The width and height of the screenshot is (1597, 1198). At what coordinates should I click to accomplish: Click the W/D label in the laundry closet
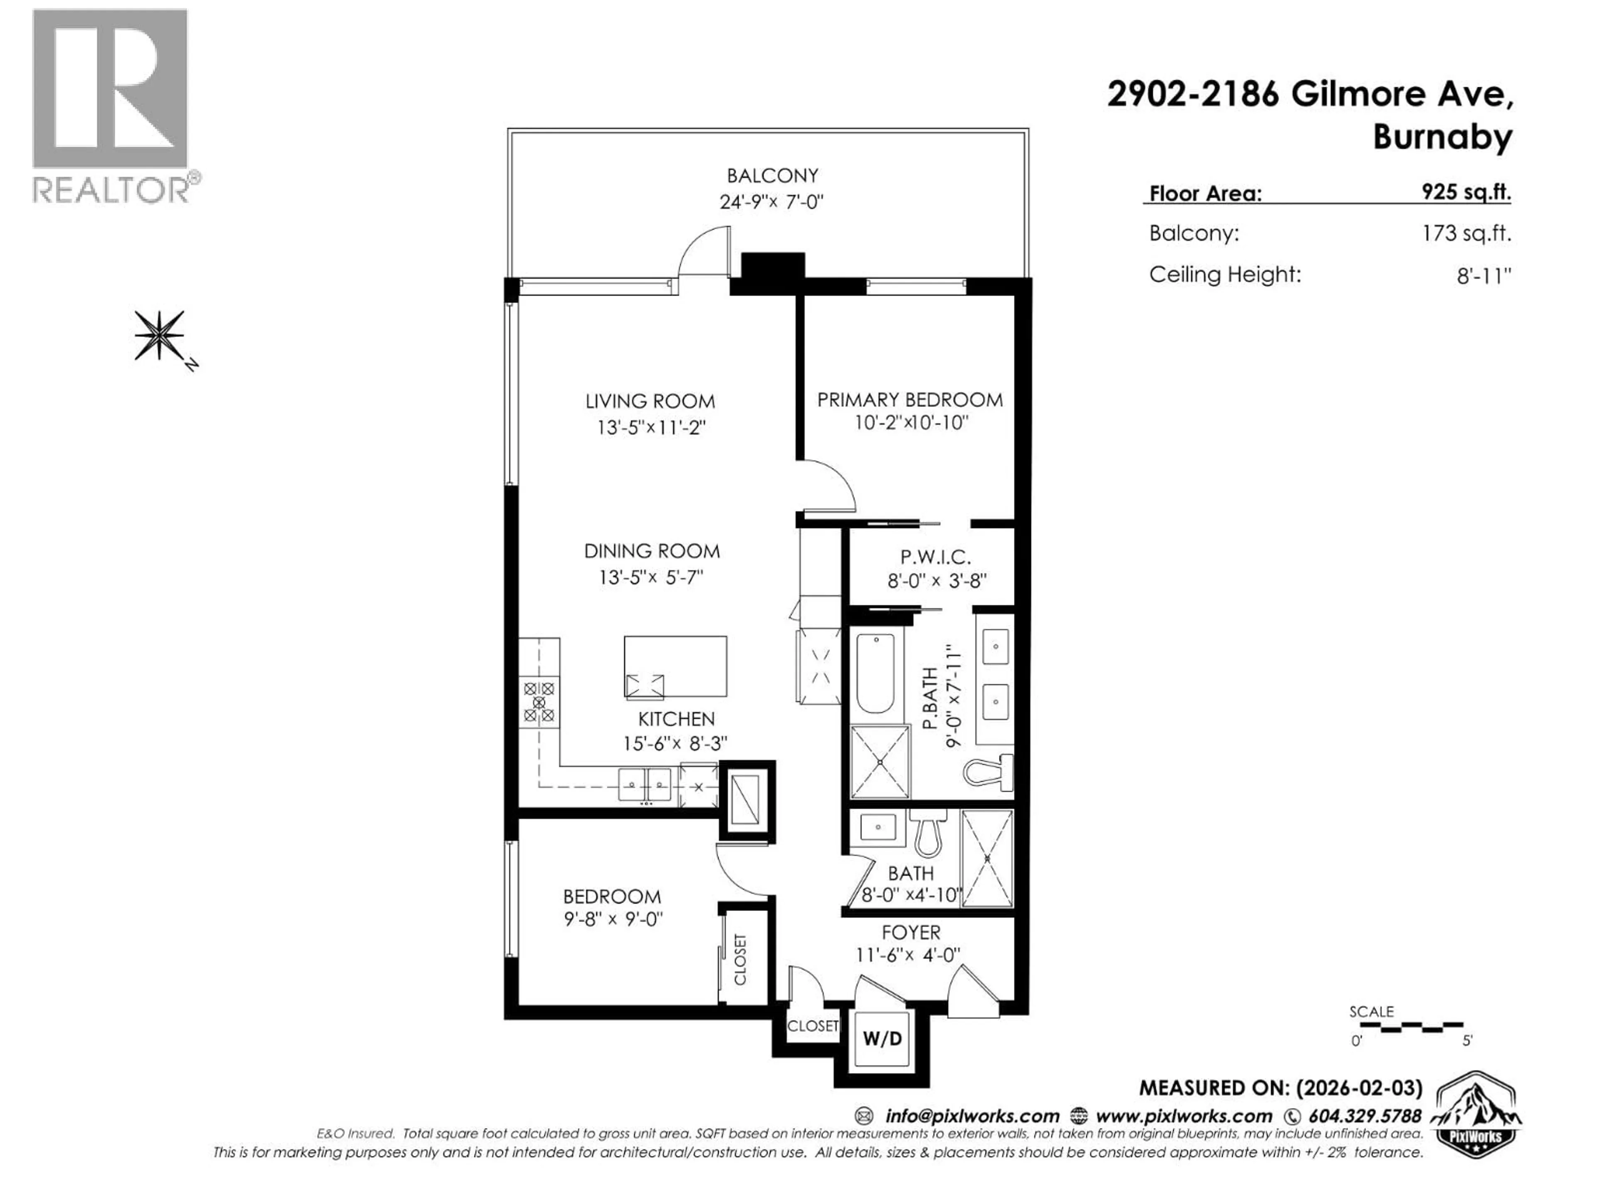pyautogui.click(x=882, y=1039)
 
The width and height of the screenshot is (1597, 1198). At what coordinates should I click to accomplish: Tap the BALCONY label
pyautogui.click(x=772, y=176)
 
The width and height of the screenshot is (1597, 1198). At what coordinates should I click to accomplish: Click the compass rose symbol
pyautogui.click(x=160, y=336)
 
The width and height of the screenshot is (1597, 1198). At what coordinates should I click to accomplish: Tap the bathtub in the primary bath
pyautogui.click(x=875, y=673)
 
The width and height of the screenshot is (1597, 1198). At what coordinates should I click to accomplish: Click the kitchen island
pyautogui.click(x=675, y=666)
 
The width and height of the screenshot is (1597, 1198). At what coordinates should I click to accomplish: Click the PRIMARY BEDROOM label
pyautogui.click(x=910, y=400)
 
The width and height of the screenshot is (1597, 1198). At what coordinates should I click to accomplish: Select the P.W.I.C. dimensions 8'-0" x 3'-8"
pyautogui.click(x=937, y=581)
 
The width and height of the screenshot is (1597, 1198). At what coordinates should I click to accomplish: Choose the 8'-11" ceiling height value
pyautogui.click(x=1483, y=276)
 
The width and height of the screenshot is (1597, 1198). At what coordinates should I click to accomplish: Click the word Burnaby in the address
pyautogui.click(x=1442, y=137)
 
